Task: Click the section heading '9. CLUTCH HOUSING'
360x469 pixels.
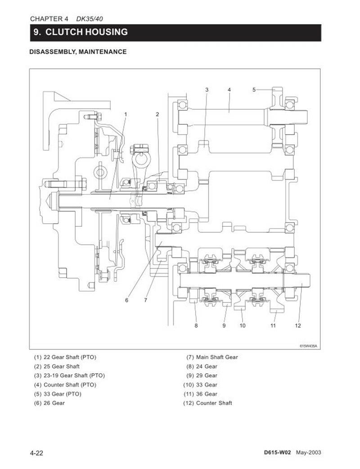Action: (x=81, y=32)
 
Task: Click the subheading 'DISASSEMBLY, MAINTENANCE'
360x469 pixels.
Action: (x=78, y=52)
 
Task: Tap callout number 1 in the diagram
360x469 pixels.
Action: (x=126, y=114)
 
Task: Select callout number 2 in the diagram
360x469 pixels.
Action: (x=157, y=114)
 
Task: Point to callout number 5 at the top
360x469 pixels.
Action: (x=254, y=90)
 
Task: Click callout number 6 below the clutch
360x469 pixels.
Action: (x=126, y=300)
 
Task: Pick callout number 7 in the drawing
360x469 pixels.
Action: (x=146, y=300)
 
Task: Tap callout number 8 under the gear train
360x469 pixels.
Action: (x=196, y=325)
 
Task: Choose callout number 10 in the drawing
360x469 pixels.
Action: (x=243, y=325)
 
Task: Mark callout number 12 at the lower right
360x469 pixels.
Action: (x=298, y=325)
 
